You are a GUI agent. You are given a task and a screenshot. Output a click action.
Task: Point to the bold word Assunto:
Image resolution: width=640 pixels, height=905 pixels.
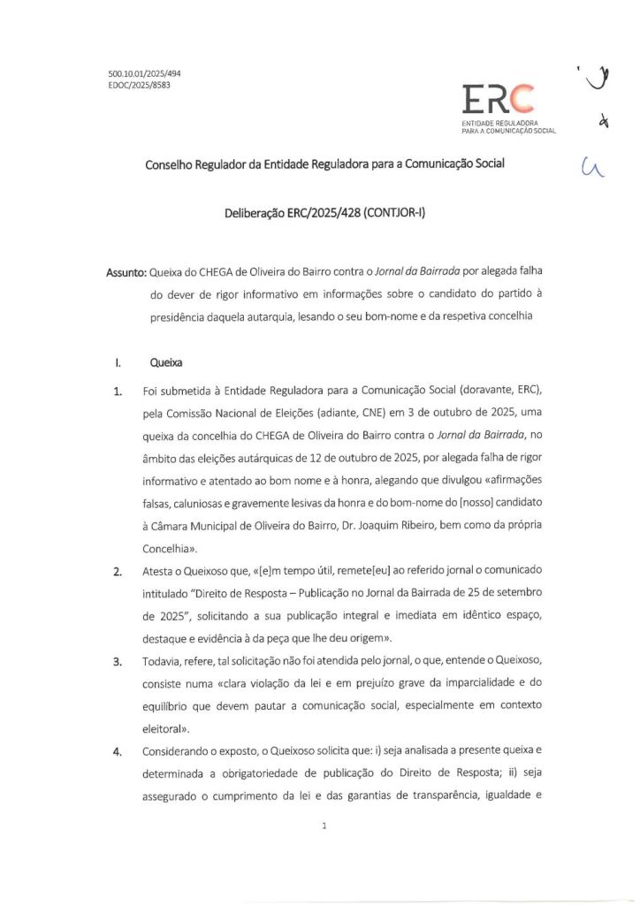point(126,272)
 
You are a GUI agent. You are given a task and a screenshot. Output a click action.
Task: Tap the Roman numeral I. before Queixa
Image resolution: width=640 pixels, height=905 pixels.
point(117,361)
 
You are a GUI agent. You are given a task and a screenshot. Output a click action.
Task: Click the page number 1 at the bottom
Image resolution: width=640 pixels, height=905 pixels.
point(324,825)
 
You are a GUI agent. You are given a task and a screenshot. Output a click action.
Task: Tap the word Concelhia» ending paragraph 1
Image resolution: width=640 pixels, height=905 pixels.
point(172,549)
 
